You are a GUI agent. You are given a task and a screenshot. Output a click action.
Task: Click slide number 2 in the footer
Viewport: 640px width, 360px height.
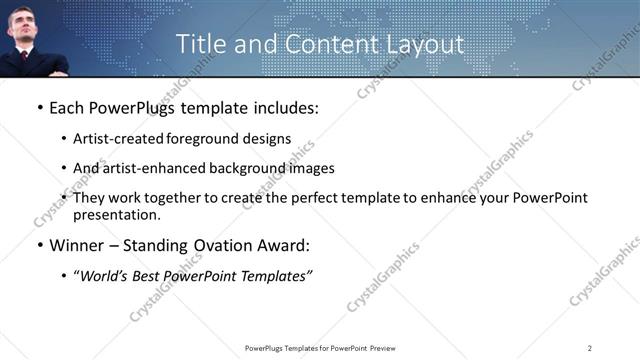coord(590,347)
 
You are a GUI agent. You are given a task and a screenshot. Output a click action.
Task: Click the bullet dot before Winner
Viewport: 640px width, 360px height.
coord(38,245)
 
